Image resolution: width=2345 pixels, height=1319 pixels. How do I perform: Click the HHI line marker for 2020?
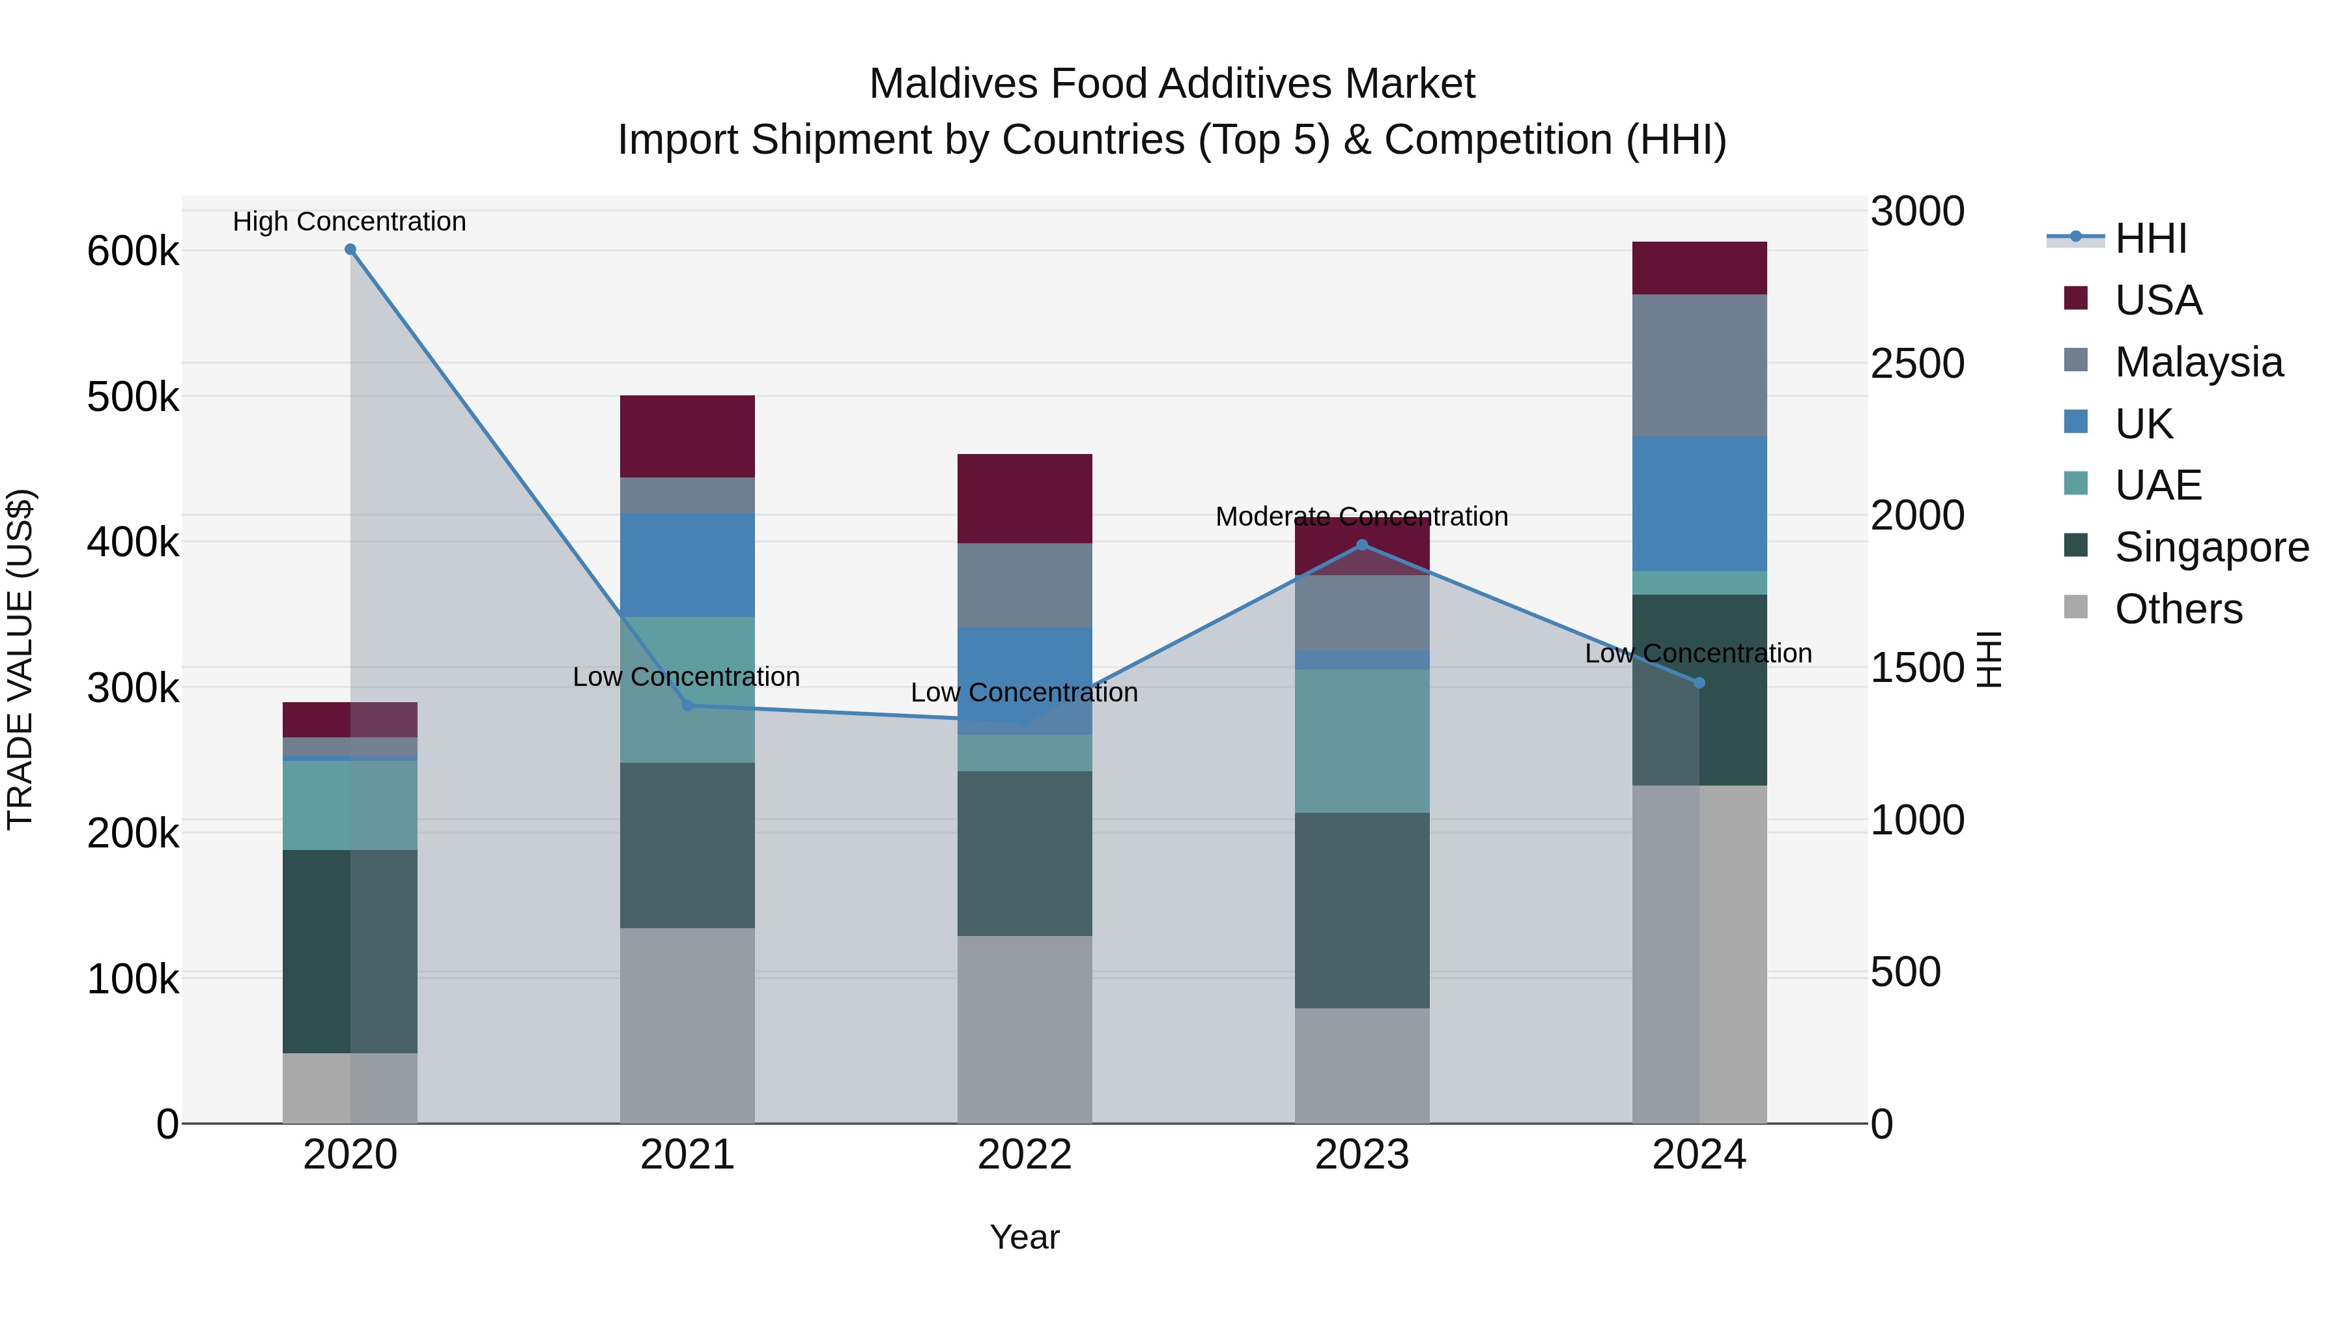(350, 249)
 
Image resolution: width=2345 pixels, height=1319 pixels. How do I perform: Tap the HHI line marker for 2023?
(1362, 545)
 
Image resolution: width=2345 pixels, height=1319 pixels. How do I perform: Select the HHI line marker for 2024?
(1699, 683)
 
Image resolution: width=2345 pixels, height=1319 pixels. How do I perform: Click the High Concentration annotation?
(350, 221)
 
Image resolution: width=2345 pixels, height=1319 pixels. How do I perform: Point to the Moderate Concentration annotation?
(1362, 516)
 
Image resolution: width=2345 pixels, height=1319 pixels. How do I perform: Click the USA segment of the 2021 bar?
(687, 436)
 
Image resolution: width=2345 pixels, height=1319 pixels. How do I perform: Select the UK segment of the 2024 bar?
(1699, 503)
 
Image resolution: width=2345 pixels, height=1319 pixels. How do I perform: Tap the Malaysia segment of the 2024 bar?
(1699, 365)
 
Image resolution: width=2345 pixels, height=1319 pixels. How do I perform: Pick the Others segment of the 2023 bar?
(1362, 1065)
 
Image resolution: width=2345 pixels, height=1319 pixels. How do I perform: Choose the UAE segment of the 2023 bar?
(1362, 741)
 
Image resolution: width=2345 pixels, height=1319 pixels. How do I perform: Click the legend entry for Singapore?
(2211, 547)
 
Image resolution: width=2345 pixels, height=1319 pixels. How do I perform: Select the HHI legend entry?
(2150, 238)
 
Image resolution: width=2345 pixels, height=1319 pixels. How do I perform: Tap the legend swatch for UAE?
(2075, 483)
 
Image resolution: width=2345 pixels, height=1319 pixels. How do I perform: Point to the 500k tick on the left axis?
(133, 397)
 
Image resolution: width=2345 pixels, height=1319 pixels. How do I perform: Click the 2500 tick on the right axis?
(1917, 363)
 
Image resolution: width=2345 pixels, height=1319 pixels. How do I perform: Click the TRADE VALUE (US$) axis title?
(21, 659)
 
